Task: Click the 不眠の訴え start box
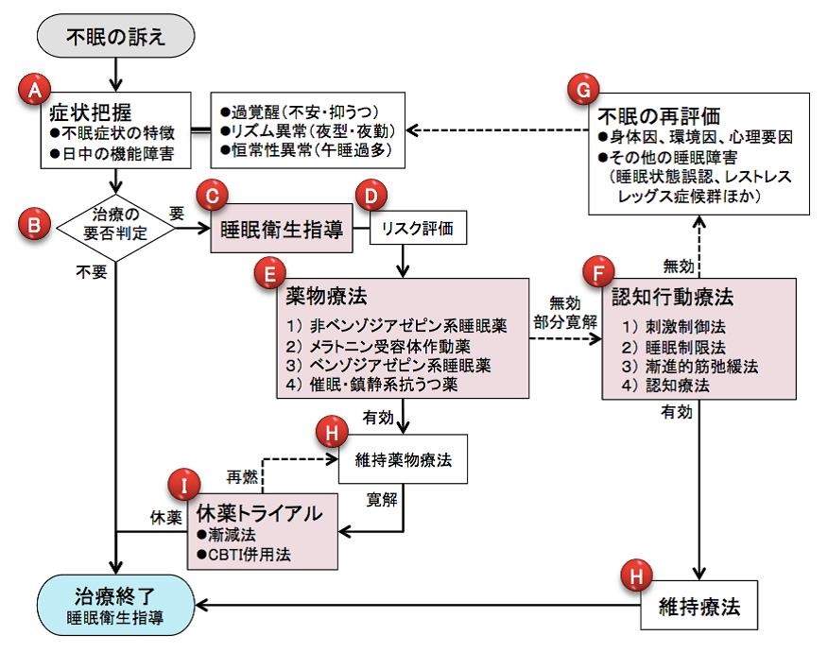click(116, 37)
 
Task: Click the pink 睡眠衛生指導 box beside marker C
click(281, 229)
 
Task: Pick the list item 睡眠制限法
click(666, 346)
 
